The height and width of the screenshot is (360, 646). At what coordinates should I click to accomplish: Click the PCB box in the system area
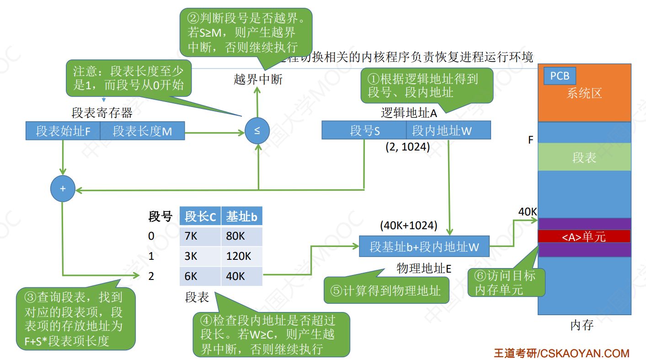pyautogui.click(x=560, y=76)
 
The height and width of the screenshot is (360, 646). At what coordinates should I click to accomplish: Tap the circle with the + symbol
pyautogui.click(x=63, y=189)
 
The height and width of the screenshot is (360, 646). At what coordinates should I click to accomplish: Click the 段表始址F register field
pyautogui.click(x=63, y=131)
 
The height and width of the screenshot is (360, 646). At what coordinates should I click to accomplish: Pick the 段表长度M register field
pyautogui.click(x=142, y=131)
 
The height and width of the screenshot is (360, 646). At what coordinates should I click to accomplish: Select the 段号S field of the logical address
pyautogui.click(x=364, y=130)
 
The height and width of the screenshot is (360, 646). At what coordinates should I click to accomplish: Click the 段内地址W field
pyautogui.click(x=448, y=130)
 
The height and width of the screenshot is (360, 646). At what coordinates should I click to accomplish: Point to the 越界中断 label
pyautogui.click(x=258, y=80)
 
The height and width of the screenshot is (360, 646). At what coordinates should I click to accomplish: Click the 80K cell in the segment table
pyautogui.click(x=241, y=236)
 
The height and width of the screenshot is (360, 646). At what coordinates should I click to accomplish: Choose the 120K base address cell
pyautogui.click(x=241, y=256)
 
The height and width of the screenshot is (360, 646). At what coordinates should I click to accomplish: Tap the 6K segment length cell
pyautogui.click(x=200, y=276)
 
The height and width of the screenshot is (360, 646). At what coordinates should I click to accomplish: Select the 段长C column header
pyautogui.click(x=200, y=216)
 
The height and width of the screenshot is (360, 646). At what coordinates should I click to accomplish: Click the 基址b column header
pyautogui.click(x=241, y=216)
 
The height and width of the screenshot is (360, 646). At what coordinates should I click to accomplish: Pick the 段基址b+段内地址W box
pyautogui.click(x=424, y=247)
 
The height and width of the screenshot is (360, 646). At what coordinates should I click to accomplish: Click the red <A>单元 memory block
pyautogui.click(x=584, y=236)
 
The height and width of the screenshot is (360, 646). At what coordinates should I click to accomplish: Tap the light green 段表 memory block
pyautogui.click(x=584, y=157)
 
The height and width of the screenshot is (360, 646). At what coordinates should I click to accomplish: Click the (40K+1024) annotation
pyautogui.click(x=408, y=226)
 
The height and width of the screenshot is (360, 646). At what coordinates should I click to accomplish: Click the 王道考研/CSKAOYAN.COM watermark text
pyautogui.click(x=561, y=353)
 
